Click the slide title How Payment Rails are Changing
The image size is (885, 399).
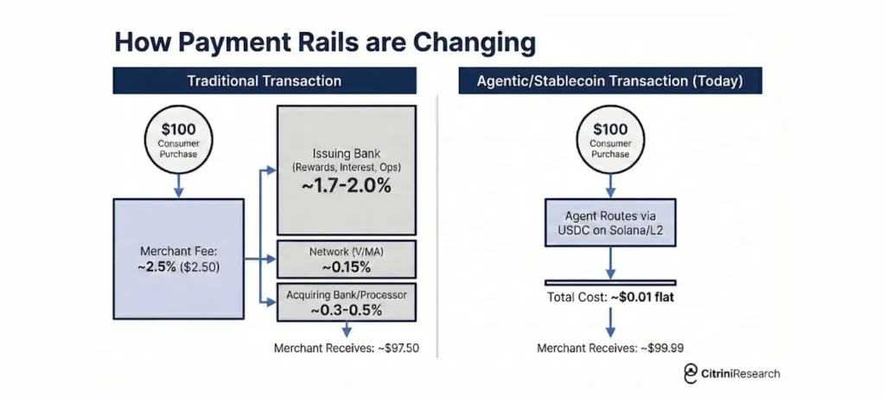click(325, 43)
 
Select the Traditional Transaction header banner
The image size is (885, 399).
click(264, 80)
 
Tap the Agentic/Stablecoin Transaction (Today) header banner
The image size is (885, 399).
click(610, 80)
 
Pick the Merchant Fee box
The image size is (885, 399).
click(178, 259)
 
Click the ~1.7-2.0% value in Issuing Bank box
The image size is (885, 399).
click(347, 186)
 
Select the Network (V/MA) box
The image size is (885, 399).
click(347, 260)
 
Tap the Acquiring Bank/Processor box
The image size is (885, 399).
click(347, 302)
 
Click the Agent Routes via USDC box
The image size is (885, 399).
click(610, 222)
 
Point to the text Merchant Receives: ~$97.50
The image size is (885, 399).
click(347, 348)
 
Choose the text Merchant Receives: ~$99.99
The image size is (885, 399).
click(610, 348)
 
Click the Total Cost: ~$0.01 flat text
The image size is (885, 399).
click(610, 297)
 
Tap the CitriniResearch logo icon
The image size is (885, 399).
click(691, 373)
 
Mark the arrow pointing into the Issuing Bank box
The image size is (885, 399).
click(268, 170)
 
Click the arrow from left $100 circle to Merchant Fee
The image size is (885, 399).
click(178, 186)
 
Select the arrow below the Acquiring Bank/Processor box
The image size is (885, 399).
click(347, 330)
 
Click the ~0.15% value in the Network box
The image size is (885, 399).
click(347, 267)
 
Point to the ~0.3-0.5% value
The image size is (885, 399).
click(347, 310)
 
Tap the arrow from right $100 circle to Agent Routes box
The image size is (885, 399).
click(610, 186)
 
